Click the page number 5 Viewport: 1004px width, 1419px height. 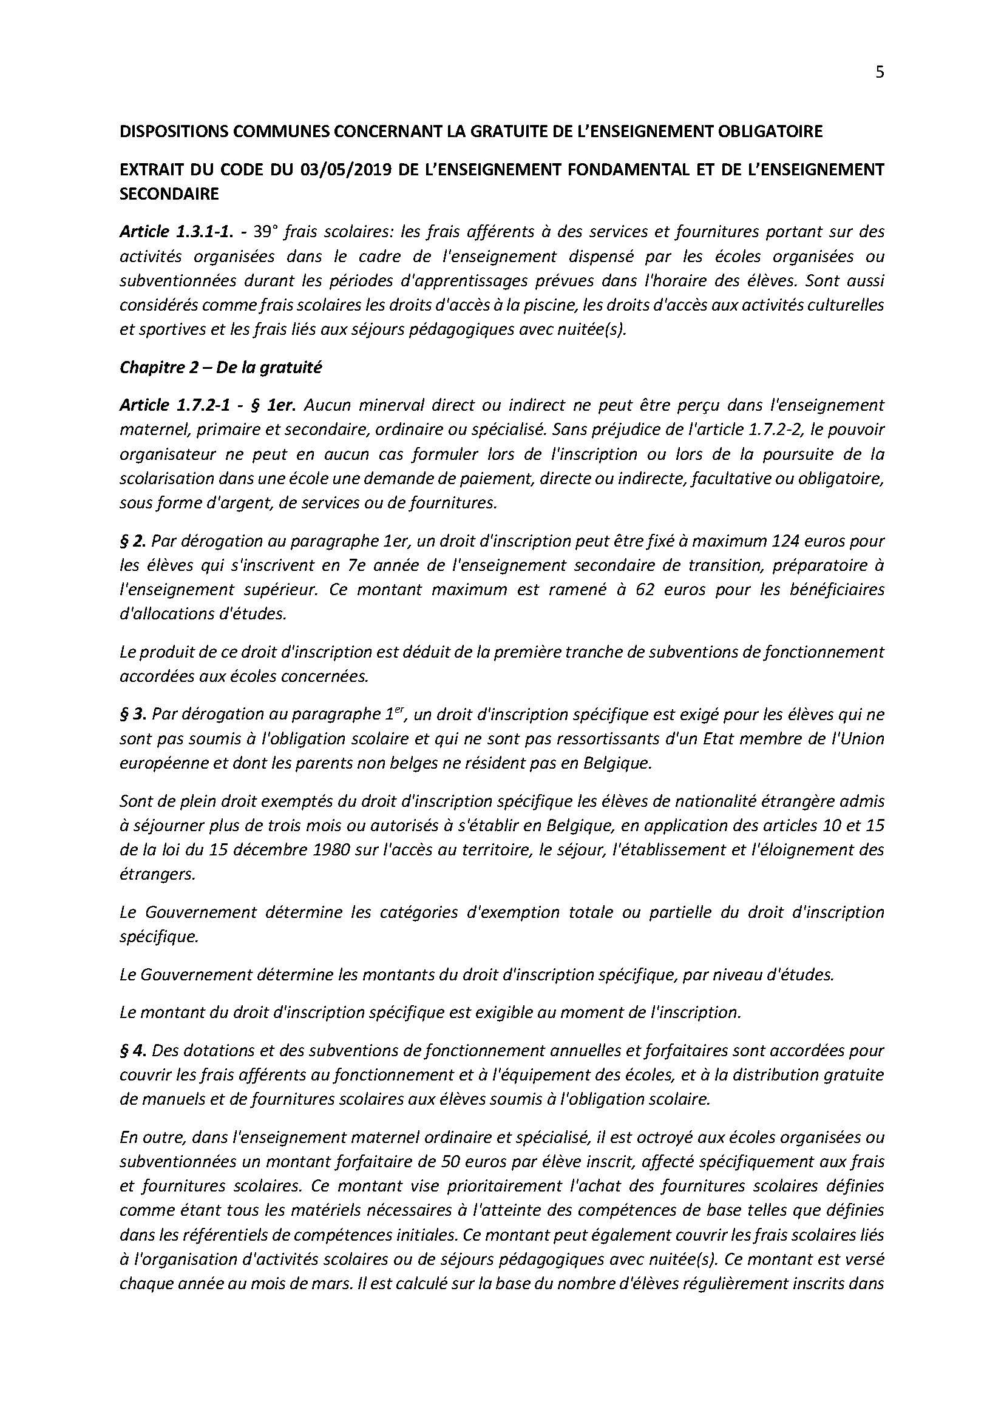point(880,72)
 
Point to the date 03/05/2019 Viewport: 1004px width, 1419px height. point(344,170)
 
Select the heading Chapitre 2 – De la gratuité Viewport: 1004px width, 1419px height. point(221,368)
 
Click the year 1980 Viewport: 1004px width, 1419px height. point(341,850)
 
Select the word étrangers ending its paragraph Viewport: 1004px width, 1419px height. point(157,875)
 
